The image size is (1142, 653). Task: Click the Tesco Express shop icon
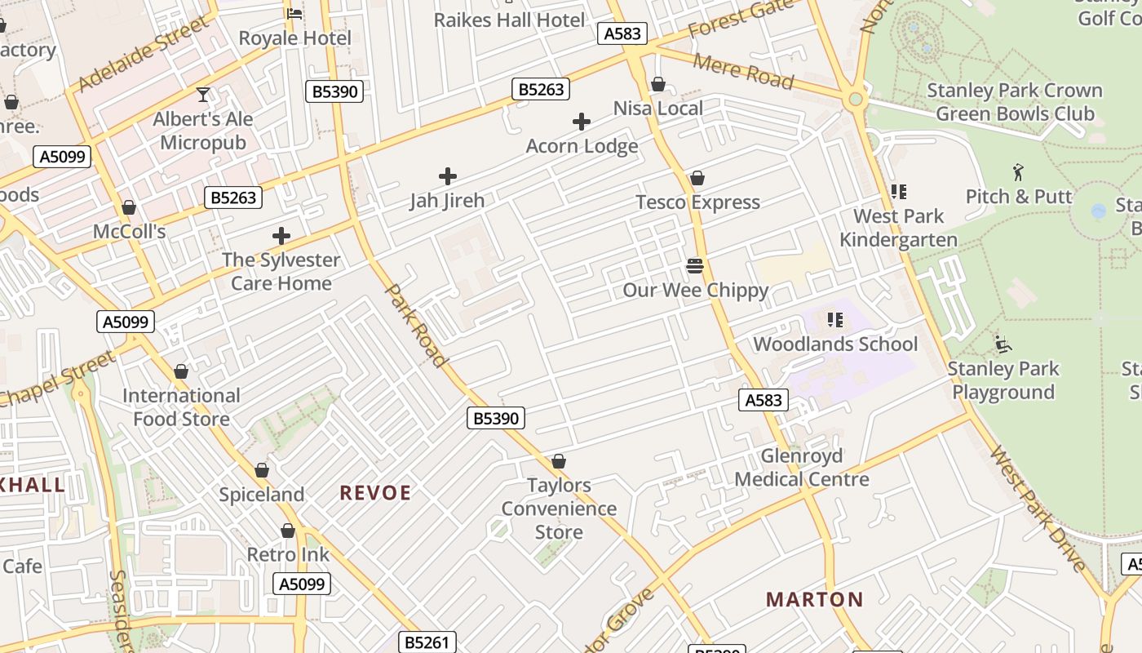pyautogui.click(x=697, y=178)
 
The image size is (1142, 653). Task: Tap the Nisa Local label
pyautogui.click(x=657, y=109)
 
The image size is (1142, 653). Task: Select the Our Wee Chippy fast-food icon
pyautogui.click(x=695, y=266)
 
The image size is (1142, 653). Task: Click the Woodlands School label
pyautogui.click(x=835, y=344)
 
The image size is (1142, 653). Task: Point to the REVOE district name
pyautogui.click(x=375, y=492)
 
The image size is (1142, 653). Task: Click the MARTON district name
pyautogui.click(x=814, y=599)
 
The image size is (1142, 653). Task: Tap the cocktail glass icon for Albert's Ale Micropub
pyautogui.click(x=203, y=95)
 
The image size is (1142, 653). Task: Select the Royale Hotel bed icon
pyautogui.click(x=294, y=14)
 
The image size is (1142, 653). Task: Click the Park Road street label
pyautogui.click(x=416, y=325)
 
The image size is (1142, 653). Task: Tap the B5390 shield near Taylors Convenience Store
pyautogui.click(x=496, y=418)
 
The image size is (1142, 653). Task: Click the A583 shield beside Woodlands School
pyautogui.click(x=764, y=400)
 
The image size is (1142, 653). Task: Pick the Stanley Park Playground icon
pyautogui.click(x=1003, y=344)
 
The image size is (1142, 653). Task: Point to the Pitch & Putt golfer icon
pyautogui.click(x=1018, y=172)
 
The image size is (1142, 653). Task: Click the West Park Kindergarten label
pyautogui.click(x=898, y=228)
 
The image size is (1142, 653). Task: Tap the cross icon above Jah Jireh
pyautogui.click(x=447, y=175)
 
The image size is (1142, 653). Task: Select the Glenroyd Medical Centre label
pyautogui.click(x=802, y=468)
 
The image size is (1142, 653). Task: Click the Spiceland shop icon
pyautogui.click(x=262, y=470)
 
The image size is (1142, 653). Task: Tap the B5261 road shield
pyautogui.click(x=427, y=642)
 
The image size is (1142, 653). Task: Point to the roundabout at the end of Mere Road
pyautogui.click(x=855, y=100)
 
